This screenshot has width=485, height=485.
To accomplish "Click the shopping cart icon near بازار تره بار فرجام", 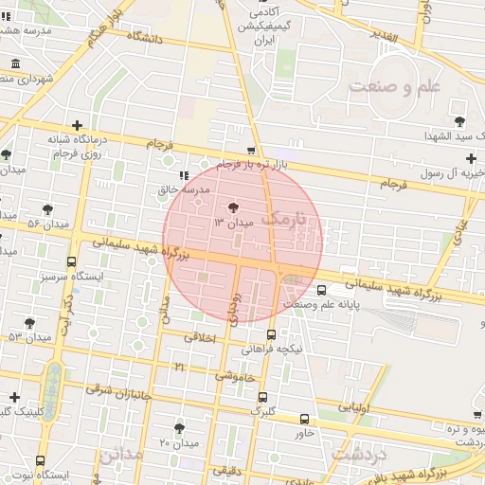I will [250, 151].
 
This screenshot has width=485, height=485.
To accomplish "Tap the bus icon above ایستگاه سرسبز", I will [71, 262].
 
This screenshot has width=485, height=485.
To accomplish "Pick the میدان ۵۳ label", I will [29, 336].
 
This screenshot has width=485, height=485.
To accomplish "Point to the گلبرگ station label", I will [262, 411].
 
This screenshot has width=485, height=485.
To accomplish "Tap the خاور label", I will [304, 433].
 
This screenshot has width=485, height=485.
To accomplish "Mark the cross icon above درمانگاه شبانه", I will [77, 125].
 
